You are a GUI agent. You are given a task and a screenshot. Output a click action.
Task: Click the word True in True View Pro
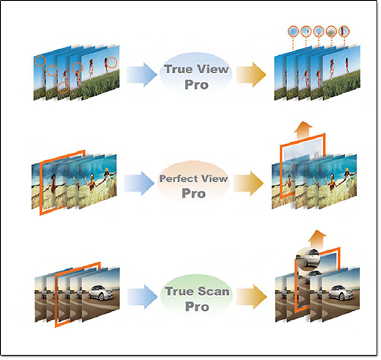pyautogui.click(x=176, y=69)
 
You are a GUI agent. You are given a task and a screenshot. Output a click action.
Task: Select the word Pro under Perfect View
pyautogui.click(x=194, y=193)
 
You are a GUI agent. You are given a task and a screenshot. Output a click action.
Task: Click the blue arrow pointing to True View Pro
pyautogui.click(x=142, y=75)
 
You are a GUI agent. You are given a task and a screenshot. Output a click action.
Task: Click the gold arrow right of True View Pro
pyautogui.click(x=251, y=75)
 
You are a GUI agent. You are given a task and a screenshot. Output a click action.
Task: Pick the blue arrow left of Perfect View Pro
pyautogui.click(x=139, y=183)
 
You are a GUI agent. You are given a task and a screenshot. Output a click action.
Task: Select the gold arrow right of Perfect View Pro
pyautogui.click(x=248, y=183)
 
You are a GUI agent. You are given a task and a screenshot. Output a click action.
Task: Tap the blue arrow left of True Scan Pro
pyautogui.click(x=142, y=297)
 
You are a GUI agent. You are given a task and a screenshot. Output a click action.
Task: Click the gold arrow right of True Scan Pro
pyautogui.click(x=251, y=297)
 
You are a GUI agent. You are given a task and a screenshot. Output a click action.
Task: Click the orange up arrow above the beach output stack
pyautogui.click(x=303, y=129)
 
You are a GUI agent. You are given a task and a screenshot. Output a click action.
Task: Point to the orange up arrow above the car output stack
pyautogui.click(x=318, y=239)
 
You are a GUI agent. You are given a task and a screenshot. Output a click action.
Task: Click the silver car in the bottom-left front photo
pyautogui.click(x=101, y=292)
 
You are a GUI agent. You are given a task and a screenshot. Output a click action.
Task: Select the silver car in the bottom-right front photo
pyautogui.click(x=341, y=293)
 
